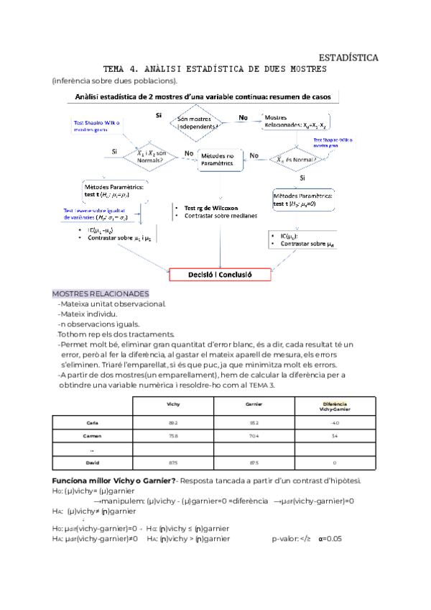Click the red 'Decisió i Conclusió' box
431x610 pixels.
(219, 274)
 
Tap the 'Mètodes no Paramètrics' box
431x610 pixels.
(217, 159)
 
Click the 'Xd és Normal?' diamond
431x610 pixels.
(296, 160)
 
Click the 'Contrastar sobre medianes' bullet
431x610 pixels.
(220, 216)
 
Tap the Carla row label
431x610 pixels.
(91, 423)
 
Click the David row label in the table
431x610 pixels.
(92, 463)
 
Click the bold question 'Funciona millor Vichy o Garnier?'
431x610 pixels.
(113, 481)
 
